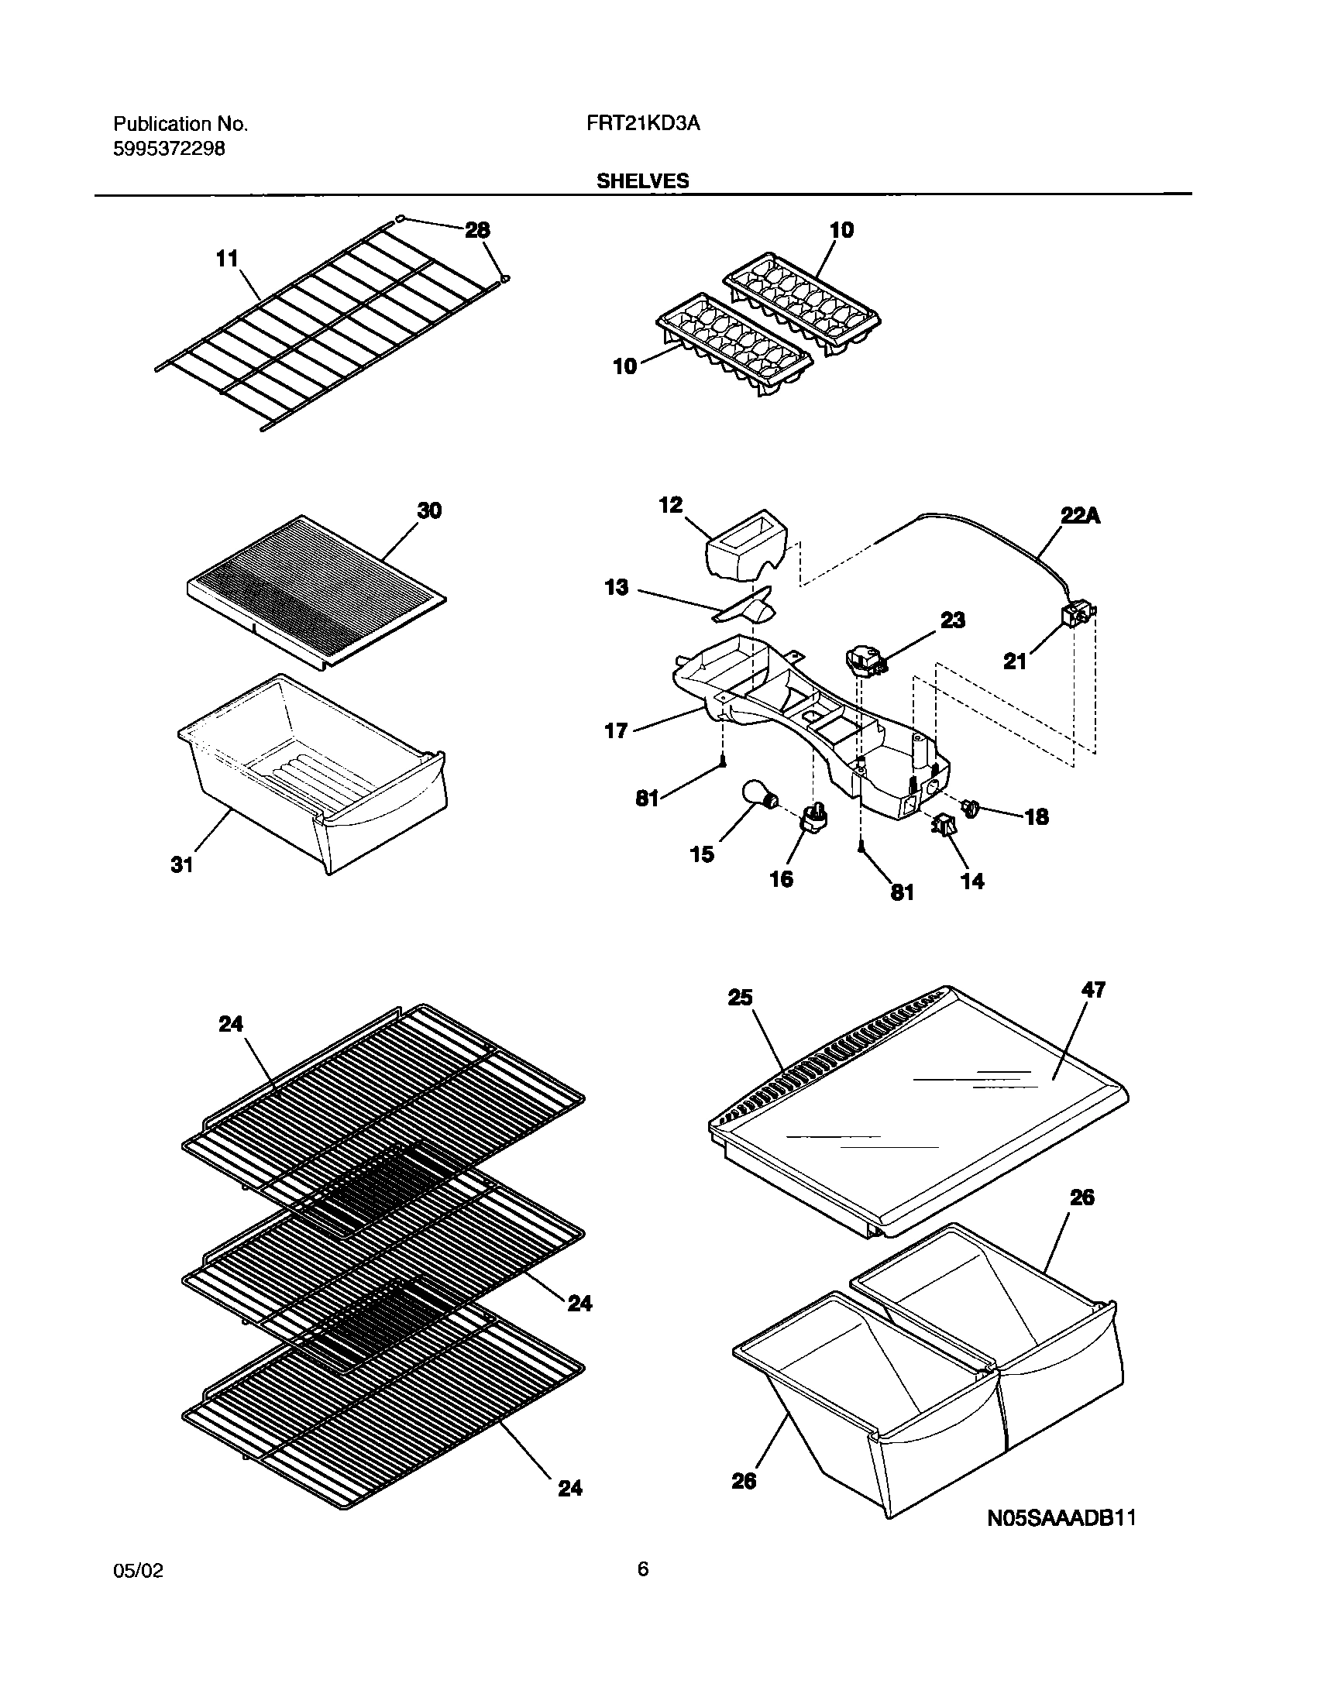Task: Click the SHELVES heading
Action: (642, 181)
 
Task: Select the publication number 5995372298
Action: (169, 149)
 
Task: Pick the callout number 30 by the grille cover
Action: (429, 510)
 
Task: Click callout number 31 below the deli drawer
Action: (182, 864)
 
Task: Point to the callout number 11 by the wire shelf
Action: (227, 259)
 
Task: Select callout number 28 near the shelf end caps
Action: (477, 230)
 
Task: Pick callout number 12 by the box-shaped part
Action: (671, 505)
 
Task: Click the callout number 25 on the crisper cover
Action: (740, 998)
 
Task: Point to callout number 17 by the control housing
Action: (616, 730)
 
